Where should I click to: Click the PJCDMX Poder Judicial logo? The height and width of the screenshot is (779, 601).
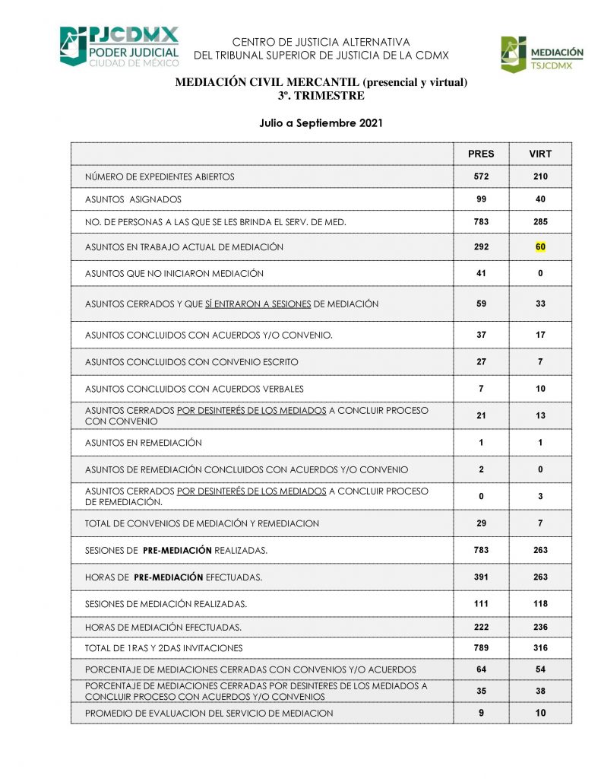119,46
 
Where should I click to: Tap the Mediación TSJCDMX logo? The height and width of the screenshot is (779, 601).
542,55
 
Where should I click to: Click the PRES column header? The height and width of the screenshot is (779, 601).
481,154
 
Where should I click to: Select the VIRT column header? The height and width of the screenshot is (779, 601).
540,154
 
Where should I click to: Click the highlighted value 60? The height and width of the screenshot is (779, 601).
540,247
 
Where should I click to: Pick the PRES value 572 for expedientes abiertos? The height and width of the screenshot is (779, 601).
481,176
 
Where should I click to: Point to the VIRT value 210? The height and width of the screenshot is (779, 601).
540,176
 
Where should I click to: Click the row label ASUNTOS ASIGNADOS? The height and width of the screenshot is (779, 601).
133,199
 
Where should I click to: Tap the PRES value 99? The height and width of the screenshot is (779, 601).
481,199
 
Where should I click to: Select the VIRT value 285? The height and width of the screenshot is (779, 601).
540,222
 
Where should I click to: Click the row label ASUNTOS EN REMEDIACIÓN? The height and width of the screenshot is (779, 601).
144,443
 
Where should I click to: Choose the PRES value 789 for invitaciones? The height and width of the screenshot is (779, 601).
481,648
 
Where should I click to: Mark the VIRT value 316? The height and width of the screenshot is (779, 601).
540,648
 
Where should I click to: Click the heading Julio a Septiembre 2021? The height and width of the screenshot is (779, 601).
321,122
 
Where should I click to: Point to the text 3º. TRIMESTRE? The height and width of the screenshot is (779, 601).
321,96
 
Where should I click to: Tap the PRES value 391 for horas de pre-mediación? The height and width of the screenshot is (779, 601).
481,577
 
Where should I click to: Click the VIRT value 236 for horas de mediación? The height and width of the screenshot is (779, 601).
540,628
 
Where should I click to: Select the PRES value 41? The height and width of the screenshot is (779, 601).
481,273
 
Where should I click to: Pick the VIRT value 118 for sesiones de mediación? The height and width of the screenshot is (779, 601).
540,604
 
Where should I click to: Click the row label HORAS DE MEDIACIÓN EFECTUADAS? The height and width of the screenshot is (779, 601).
163,628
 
